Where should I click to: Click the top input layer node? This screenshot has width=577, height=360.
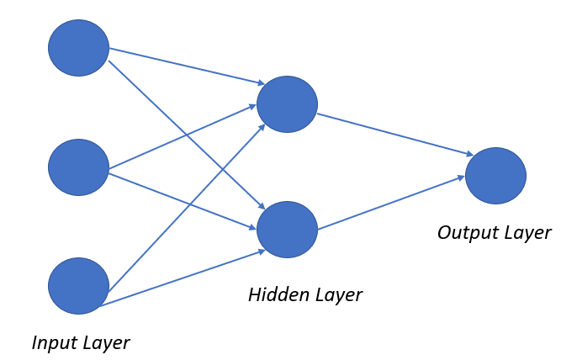coord(78,48)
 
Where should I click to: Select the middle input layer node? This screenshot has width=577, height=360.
coord(78,167)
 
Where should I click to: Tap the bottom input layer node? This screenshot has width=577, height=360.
coord(78,286)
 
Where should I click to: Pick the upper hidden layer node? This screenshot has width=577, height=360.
coord(287,104)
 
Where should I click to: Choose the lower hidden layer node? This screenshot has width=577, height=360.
coord(287,230)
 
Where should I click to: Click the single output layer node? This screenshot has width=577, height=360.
coord(495,176)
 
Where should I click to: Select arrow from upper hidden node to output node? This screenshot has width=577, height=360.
coord(395,134)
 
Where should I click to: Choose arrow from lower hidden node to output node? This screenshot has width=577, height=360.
coord(391,203)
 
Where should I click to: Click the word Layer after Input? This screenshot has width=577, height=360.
coord(106,343)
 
